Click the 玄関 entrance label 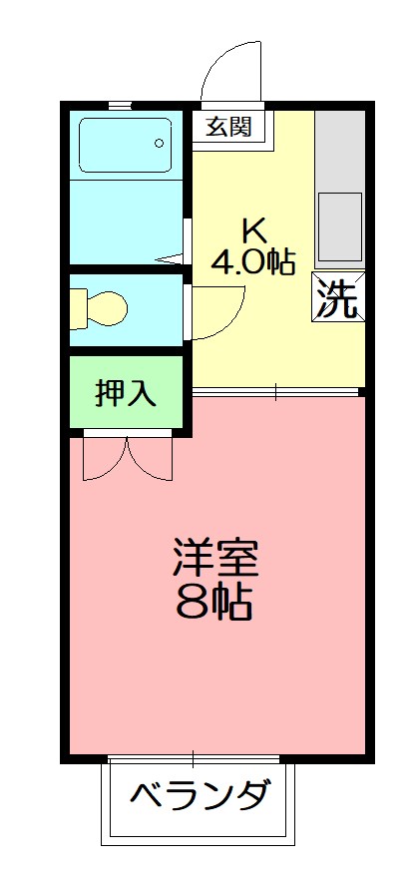228,127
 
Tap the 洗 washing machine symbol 337,296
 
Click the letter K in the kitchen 253,230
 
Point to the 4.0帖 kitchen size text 253,261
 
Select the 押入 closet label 127,392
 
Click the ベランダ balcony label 200,797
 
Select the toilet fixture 99,309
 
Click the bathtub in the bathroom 127,149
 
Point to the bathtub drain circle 160,143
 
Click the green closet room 127,392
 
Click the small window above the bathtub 120,104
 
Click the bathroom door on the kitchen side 186,239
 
